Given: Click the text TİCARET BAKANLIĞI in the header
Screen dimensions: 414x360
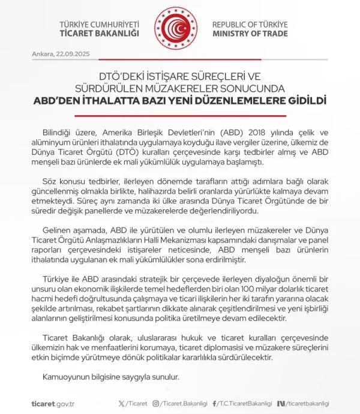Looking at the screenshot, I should coord(103,34).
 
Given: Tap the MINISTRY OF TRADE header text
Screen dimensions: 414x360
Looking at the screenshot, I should coord(250,34).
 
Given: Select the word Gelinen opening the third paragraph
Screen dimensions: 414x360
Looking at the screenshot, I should coord(58,231).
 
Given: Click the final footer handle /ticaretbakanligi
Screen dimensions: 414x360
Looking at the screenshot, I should coord(306,403).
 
